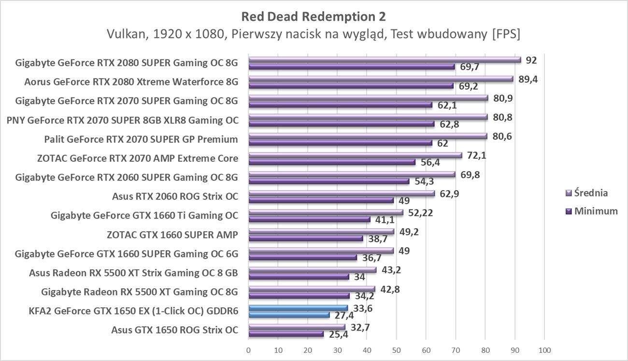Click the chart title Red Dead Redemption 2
tap(314, 16)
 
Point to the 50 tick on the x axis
tap(396, 349)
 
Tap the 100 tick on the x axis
tap(544, 349)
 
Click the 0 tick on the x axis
tap(248, 349)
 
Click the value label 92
tap(531, 60)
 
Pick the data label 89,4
tap(528, 79)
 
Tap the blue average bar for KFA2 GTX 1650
tap(298, 308)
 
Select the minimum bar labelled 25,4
tap(286, 333)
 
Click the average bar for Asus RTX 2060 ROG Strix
tap(342, 194)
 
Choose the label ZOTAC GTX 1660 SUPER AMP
tap(172, 235)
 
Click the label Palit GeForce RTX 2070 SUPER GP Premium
tap(141, 139)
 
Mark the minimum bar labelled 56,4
tap(331, 162)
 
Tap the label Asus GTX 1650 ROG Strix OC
tap(174, 330)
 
